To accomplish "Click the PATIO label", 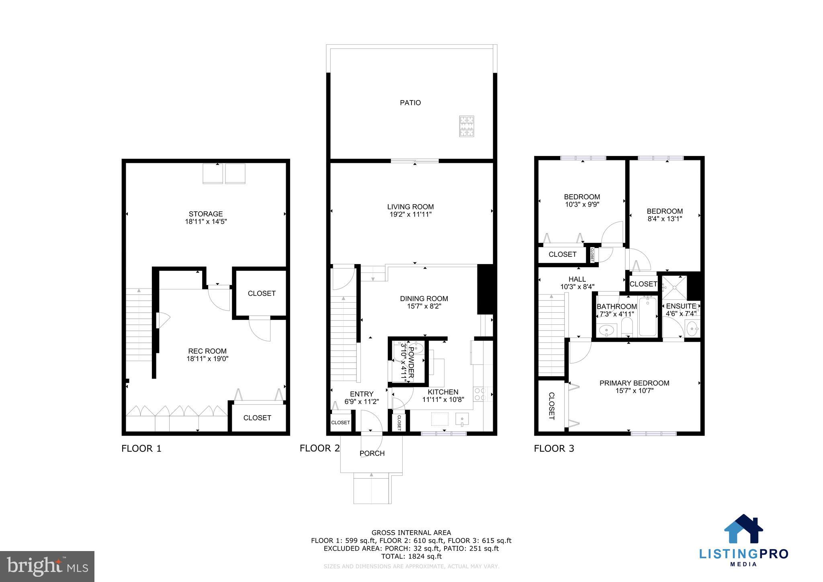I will coord(410,103).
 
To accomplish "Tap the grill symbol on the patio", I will coord(467,126).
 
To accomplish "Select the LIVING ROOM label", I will coord(410,207).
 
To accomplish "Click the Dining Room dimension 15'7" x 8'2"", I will coord(424,306).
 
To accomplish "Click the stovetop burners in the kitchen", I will coord(480,393).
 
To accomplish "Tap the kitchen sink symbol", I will coord(462,420).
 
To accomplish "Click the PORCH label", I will coord(372,453).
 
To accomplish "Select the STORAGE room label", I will coord(206,214).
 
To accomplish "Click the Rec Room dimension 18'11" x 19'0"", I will coord(207,359).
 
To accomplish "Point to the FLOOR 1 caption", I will coord(141,449).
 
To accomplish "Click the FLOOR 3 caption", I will coord(554,449).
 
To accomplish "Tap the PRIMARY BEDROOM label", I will coord(634,383).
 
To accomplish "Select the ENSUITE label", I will coord(681,306).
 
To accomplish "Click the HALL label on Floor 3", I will coord(577,279).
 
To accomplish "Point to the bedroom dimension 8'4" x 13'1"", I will coord(665,219).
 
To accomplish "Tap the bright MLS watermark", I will coord(47,566).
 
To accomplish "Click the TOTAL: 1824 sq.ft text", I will coord(411,556).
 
